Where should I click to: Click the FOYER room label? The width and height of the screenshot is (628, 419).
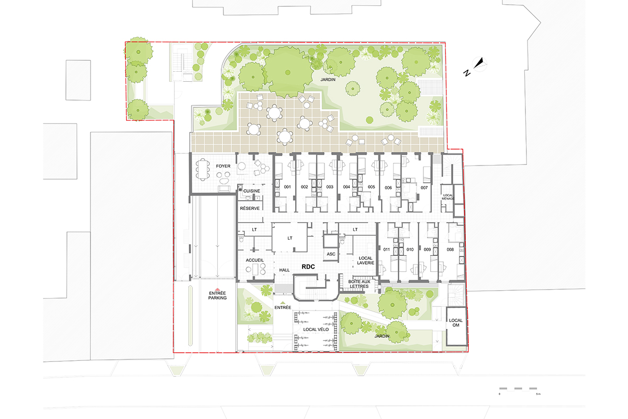coord(223,166)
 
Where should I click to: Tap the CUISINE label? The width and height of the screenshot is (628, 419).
coord(252,191)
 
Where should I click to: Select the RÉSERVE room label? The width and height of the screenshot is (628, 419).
coord(250,208)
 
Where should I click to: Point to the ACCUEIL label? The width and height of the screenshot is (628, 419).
coord(254,260)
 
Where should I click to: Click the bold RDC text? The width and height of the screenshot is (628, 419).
coord(308,267)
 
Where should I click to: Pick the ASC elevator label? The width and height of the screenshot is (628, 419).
coord(331,254)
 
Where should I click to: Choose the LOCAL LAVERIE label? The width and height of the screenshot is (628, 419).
coord(366,260)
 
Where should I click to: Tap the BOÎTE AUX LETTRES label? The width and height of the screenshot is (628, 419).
coord(359,284)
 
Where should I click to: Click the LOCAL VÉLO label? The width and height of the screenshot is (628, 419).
coord(316,329)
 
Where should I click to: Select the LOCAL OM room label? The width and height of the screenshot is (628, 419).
coord(456,323)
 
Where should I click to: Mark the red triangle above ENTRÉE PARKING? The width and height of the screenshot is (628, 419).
coord(217,289)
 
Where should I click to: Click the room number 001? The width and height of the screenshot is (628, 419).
coord(287,187)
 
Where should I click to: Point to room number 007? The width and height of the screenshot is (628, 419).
coord(424,188)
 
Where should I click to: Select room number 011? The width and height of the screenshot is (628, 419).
coord(386,249)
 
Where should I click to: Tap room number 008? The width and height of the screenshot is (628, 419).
coord(450,249)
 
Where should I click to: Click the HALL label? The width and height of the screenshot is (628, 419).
coord(284,270)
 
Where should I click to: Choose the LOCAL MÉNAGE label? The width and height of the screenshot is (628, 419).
coord(448,197)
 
